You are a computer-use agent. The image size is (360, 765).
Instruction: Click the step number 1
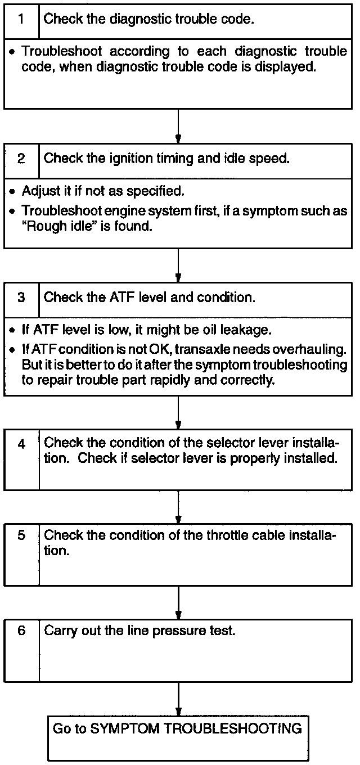[21, 19]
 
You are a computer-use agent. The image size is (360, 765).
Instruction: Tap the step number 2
[21, 158]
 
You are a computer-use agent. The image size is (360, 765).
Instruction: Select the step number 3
[21, 298]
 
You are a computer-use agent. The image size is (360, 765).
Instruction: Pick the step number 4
[21, 444]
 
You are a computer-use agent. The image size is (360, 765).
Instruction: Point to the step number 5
[21, 535]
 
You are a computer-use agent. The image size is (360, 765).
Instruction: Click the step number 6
[21, 631]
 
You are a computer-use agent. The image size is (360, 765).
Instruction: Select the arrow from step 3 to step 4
[178, 413]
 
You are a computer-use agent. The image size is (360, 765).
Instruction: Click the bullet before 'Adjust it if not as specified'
[12, 191]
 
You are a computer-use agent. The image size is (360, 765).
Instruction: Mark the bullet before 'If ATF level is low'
[12, 330]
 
